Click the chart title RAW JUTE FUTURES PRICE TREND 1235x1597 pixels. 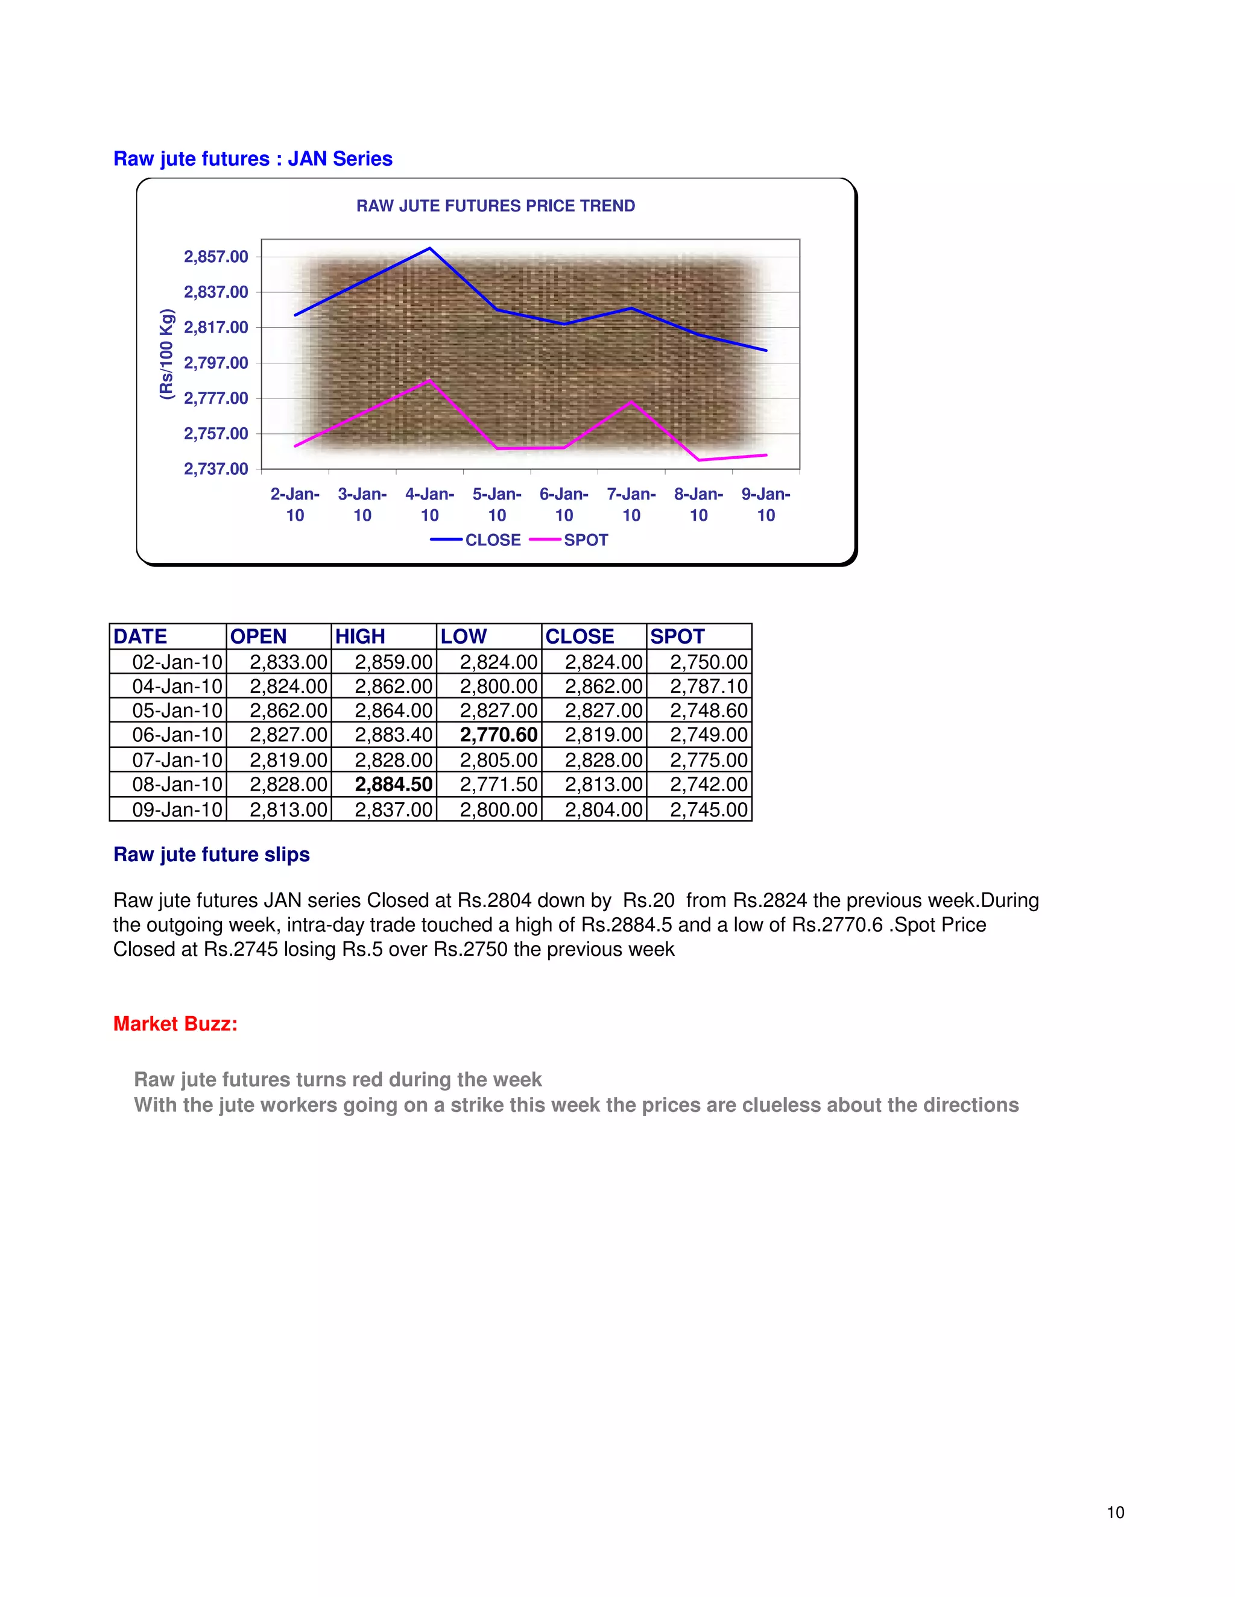point(495,206)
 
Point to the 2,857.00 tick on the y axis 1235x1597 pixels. point(216,257)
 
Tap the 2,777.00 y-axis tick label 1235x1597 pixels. point(216,398)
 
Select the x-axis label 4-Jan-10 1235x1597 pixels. point(429,504)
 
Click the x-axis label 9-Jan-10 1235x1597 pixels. point(765,504)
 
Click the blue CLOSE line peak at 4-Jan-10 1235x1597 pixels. point(429,249)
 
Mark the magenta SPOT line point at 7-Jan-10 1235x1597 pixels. point(631,401)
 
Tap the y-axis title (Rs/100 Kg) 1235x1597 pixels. point(167,354)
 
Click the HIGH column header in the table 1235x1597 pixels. point(360,636)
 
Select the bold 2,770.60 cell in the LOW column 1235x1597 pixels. point(498,735)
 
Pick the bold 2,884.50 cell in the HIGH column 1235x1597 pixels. point(394,785)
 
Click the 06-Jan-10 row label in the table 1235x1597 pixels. point(177,735)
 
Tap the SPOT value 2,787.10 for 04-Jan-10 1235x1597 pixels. point(708,686)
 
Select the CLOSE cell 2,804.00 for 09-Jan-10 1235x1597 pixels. point(604,809)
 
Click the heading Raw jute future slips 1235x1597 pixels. point(212,854)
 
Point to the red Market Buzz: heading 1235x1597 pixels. point(175,1024)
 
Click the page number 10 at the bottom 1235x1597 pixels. point(1115,1512)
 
